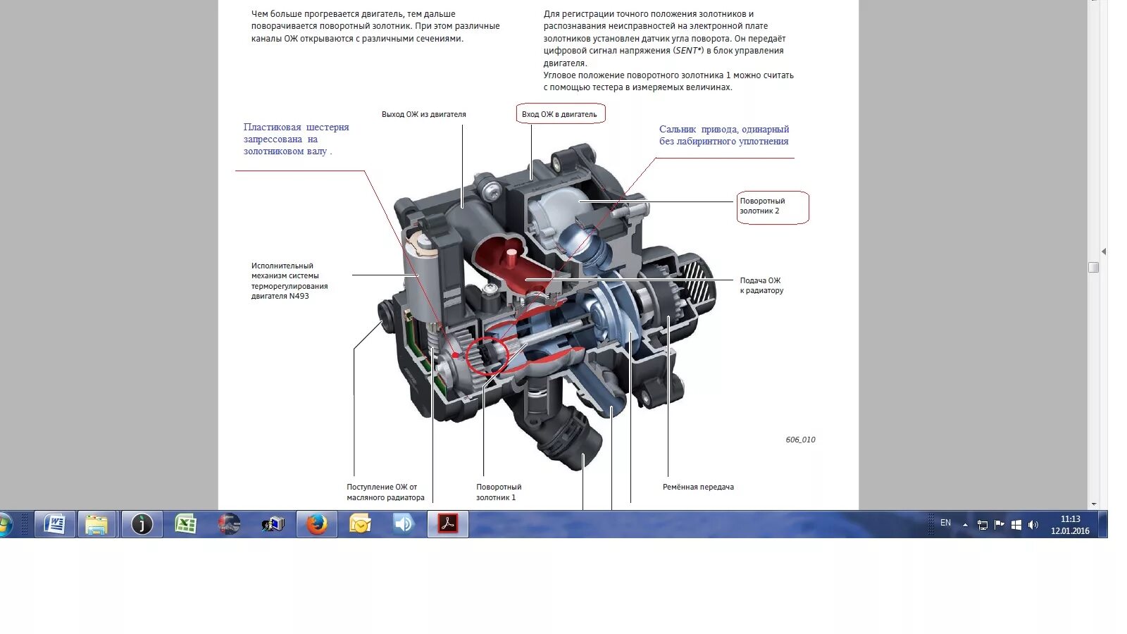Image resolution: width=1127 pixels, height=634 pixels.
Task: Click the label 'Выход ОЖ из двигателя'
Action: tap(423, 114)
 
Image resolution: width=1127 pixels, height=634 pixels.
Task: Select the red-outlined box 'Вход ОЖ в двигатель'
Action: tap(559, 114)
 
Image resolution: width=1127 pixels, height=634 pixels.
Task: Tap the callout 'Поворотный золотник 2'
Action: tap(772, 206)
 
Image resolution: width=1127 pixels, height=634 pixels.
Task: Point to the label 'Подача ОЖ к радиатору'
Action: tap(761, 285)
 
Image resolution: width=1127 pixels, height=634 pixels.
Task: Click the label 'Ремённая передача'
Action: tap(697, 487)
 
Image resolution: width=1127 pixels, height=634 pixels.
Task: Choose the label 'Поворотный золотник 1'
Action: tap(498, 492)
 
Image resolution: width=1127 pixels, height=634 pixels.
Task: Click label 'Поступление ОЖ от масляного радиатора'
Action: tap(385, 492)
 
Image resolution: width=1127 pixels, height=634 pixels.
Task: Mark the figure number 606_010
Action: tap(800, 440)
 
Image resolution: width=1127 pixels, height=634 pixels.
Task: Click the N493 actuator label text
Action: tap(289, 281)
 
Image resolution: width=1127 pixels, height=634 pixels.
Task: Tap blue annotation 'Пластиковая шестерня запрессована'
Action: tap(296, 139)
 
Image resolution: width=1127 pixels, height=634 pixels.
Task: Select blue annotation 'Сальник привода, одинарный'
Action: tap(723, 135)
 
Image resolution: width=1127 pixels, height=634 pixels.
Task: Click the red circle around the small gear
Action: tap(487, 354)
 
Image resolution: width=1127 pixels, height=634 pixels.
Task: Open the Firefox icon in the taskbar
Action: tap(316, 524)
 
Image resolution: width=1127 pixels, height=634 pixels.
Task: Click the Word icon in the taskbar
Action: tap(55, 524)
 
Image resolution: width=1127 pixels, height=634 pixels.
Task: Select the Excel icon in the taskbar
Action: tap(185, 524)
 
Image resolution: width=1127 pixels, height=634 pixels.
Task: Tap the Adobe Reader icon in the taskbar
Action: tap(447, 524)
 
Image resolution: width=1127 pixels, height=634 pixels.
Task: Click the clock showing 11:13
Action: tap(1069, 524)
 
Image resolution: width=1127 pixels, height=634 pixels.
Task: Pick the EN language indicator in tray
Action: tap(945, 523)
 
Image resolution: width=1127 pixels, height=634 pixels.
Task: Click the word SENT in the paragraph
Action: tap(687, 51)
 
